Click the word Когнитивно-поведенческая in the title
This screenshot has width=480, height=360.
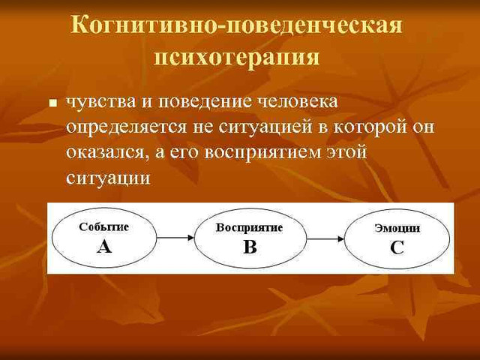[x=237, y=25]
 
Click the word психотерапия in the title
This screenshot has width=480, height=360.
[x=237, y=58]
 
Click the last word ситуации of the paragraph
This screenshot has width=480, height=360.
[x=108, y=178]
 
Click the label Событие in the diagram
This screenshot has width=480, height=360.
[x=104, y=226]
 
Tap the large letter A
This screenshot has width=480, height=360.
[x=104, y=246]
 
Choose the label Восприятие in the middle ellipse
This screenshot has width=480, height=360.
[x=249, y=227]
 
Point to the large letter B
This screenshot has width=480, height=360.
[x=250, y=247]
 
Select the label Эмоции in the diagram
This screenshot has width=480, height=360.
[x=397, y=228]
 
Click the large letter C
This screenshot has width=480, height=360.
[x=397, y=247]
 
